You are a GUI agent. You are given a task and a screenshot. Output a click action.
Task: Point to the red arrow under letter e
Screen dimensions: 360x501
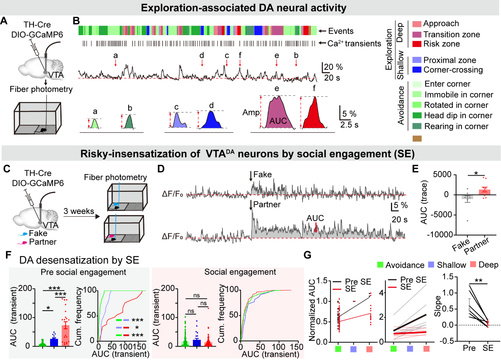(x=277, y=62)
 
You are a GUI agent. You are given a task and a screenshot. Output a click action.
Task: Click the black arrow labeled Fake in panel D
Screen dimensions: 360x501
(x=250, y=180)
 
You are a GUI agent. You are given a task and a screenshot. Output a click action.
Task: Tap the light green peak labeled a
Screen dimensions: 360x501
(x=95, y=124)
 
